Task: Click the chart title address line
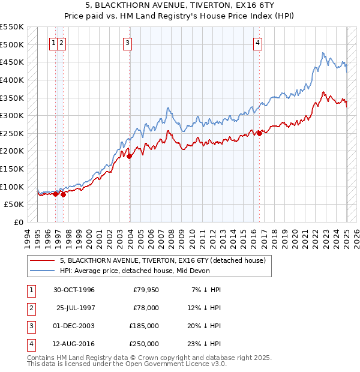(179, 5)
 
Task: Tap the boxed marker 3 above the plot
(128, 43)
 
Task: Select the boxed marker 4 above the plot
(257, 43)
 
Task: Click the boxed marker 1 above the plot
(54, 43)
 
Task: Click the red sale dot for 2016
(259, 133)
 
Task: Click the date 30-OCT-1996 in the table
(74, 290)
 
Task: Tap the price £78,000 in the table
(146, 308)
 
